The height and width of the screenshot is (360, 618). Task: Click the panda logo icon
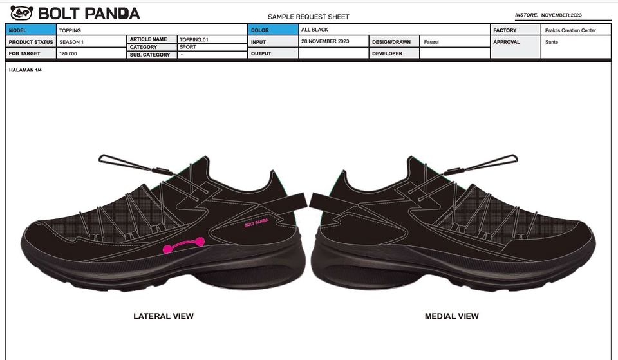[21, 13]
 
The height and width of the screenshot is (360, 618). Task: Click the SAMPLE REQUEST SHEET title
[308, 17]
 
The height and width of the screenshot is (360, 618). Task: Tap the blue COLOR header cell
[273, 30]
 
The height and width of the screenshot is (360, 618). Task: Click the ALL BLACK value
[315, 30]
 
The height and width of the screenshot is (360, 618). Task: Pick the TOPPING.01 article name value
[194, 39]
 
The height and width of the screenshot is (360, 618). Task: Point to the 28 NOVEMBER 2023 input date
[325, 41]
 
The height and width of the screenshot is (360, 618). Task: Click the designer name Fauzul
[431, 42]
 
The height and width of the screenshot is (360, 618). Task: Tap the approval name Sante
[552, 42]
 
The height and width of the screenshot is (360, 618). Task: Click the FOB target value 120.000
[68, 54]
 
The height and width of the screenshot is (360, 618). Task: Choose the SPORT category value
[188, 47]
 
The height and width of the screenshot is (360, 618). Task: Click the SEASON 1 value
[71, 42]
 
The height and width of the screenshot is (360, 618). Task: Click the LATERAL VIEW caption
[164, 316]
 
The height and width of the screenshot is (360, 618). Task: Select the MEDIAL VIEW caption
[451, 316]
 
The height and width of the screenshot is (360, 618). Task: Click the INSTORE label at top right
[527, 15]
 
